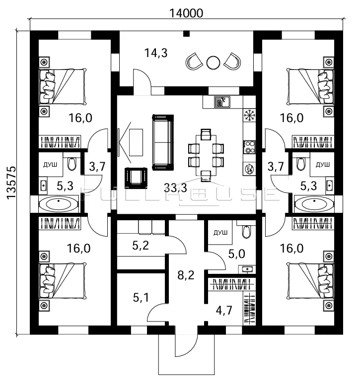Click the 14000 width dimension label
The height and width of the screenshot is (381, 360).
pyautogui.click(x=186, y=13)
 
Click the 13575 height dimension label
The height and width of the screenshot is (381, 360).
pyautogui.click(x=11, y=183)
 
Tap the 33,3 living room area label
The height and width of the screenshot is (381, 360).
pyautogui.click(x=175, y=188)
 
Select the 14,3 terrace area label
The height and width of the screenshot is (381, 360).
pyautogui.click(x=156, y=53)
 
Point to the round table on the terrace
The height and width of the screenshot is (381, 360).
pyautogui.click(x=213, y=63)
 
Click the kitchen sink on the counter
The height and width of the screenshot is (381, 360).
pyautogui.click(x=222, y=102)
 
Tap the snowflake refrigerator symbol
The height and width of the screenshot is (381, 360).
pyautogui.click(x=249, y=115)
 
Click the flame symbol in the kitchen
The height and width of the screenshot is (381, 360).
pyautogui.click(x=249, y=168)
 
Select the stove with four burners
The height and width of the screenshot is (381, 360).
pyautogui.click(x=249, y=147)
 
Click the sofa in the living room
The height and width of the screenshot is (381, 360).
pyautogui.click(x=163, y=142)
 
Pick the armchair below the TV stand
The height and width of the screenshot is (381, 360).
pyautogui.click(x=136, y=178)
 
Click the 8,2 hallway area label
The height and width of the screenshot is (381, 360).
pyautogui.click(x=186, y=275)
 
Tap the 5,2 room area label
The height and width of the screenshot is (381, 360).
pyautogui.click(x=141, y=246)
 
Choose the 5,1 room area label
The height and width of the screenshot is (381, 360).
pyautogui.click(x=141, y=297)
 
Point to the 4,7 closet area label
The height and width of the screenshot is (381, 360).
pyautogui.click(x=224, y=310)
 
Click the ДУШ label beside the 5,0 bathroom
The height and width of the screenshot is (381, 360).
pyautogui.click(x=220, y=233)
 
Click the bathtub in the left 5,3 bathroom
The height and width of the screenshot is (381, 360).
pyautogui.click(x=59, y=204)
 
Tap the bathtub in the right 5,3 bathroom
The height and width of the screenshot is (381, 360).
pyautogui.click(x=314, y=204)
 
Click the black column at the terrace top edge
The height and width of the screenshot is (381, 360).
pyautogui.click(x=186, y=33)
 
